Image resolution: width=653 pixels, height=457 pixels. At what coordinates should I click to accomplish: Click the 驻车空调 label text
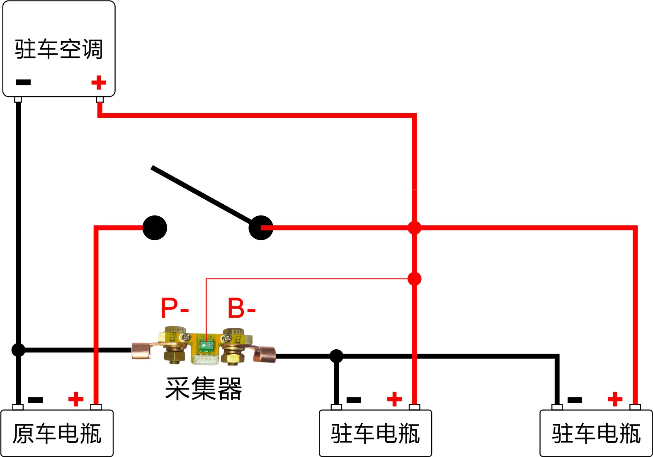(58, 49)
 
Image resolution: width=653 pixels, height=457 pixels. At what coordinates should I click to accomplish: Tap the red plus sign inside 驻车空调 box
(99, 82)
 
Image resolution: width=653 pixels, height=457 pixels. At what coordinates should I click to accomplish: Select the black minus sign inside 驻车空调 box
(23, 82)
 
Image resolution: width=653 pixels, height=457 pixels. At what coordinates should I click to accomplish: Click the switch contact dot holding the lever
(261, 228)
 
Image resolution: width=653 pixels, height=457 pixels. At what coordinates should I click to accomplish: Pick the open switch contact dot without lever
(155, 228)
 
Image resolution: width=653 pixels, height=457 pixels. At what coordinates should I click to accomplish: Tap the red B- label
(242, 308)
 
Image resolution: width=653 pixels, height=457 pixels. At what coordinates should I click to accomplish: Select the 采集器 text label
(204, 388)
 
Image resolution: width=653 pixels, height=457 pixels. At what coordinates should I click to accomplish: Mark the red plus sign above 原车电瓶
(76, 399)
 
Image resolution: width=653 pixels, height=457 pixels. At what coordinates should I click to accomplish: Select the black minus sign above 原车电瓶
(35, 400)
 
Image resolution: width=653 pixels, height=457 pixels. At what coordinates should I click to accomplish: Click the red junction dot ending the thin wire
(414, 279)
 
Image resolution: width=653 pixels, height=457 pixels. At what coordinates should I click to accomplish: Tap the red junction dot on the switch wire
(414, 228)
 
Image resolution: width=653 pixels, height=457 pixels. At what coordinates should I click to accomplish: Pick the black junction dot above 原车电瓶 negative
(18, 350)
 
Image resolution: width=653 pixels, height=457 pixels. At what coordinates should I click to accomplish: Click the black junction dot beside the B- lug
(336, 356)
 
